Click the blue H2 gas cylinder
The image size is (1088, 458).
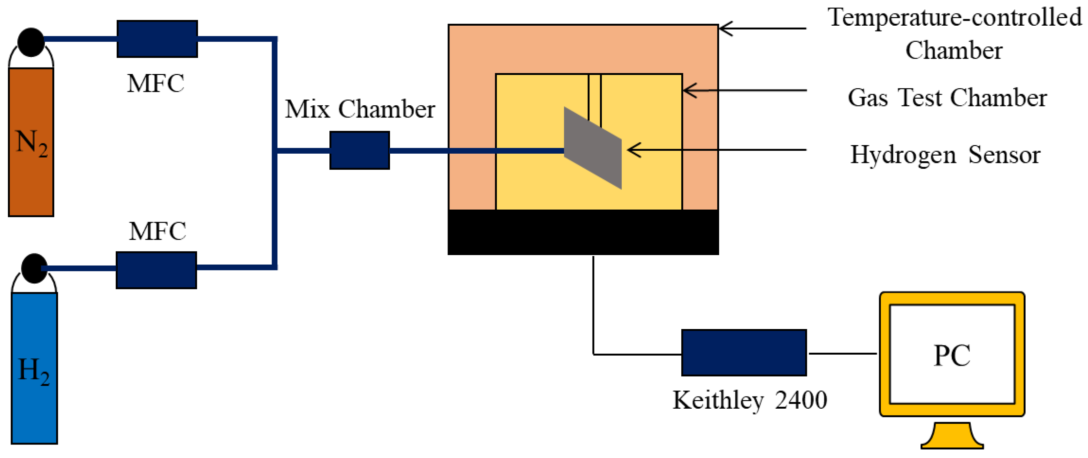34,368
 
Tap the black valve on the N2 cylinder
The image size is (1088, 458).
31,42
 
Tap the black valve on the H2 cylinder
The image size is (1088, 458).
34,268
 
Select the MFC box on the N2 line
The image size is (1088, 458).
157,39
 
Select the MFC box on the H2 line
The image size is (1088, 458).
156,270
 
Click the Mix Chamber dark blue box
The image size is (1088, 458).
359,150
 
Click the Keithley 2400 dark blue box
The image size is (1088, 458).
744,353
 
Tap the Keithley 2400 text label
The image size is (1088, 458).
750,400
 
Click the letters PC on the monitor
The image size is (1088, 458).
952,355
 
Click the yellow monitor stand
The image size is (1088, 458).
952,437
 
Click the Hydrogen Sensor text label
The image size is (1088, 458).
945,155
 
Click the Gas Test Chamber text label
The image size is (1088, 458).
947,98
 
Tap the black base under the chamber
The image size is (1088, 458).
583,232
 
